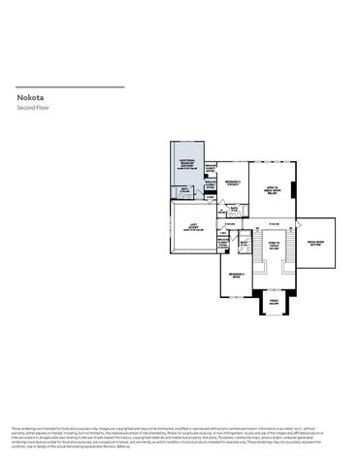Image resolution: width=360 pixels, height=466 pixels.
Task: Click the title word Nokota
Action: click(30, 97)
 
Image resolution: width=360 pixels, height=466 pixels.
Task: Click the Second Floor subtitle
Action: click(32, 107)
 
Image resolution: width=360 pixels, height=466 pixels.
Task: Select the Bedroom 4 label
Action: click(236, 276)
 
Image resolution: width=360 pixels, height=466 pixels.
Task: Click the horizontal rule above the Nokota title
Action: click(70, 87)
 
